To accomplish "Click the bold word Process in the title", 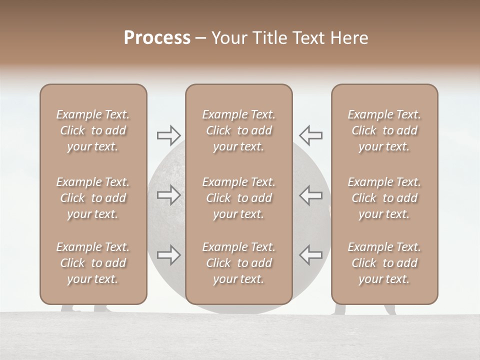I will point(157,38).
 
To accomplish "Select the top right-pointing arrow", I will point(168,135).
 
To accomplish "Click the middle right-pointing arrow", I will point(168,195).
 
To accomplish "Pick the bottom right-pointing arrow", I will point(168,255).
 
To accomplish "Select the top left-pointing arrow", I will point(310,135).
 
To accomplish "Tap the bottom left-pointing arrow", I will point(310,255).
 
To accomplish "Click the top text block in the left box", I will point(93,130).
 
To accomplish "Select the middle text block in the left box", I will point(93,198).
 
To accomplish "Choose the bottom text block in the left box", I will point(93,263).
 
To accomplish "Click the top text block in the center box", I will point(238,130).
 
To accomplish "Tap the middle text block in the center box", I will point(238,198).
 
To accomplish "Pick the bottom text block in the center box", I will point(238,263).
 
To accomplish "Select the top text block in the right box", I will point(384,130).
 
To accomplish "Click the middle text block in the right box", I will point(384,198).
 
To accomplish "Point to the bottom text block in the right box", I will point(384,263).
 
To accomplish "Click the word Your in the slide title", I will point(228,38).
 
